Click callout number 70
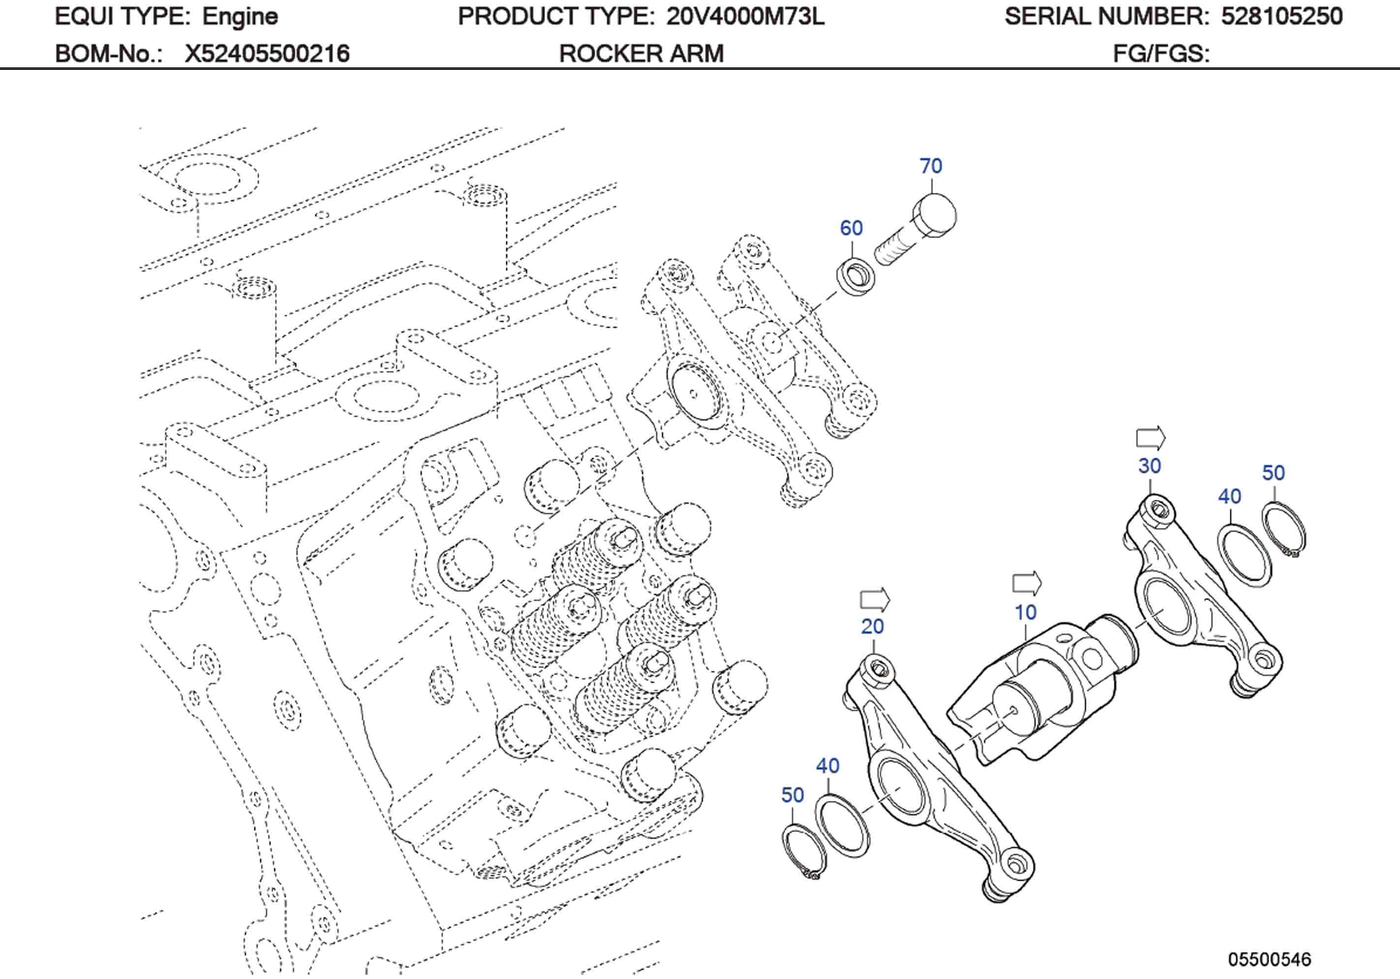click(931, 166)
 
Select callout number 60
click(851, 228)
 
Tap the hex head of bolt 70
click(935, 215)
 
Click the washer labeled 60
click(855, 276)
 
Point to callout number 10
click(1025, 612)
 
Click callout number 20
click(873, 626)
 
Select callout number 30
click(1150, 466)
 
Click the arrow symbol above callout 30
click(1151, 438)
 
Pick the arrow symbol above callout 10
click(1027, 584)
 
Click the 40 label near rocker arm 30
click(1230, 496)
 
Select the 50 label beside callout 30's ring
click(1273, 473)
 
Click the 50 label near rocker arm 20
click(792, 795)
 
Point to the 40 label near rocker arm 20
click(828, 766)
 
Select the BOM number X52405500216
click(267, 54)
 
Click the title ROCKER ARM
click(641, 54)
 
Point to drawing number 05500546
click(1269, 959)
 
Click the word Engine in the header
click(240, 16)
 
